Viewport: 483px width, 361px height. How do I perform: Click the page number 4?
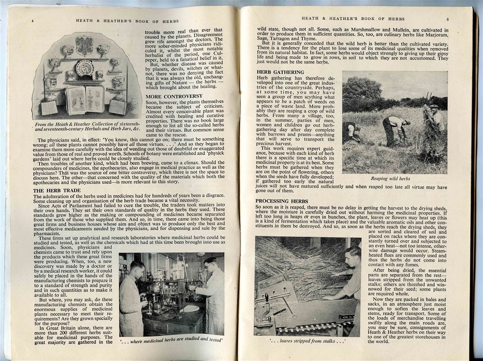tap(33, 21)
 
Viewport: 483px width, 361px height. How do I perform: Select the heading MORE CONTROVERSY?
tap(174, 96)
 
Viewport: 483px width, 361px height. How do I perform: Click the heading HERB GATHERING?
tap(280, 72)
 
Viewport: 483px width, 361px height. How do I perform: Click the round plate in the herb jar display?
tap(85, 68)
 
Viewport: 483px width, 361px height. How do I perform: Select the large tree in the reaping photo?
tap(361, 93)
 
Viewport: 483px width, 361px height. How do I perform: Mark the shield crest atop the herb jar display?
tap(84, 45)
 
